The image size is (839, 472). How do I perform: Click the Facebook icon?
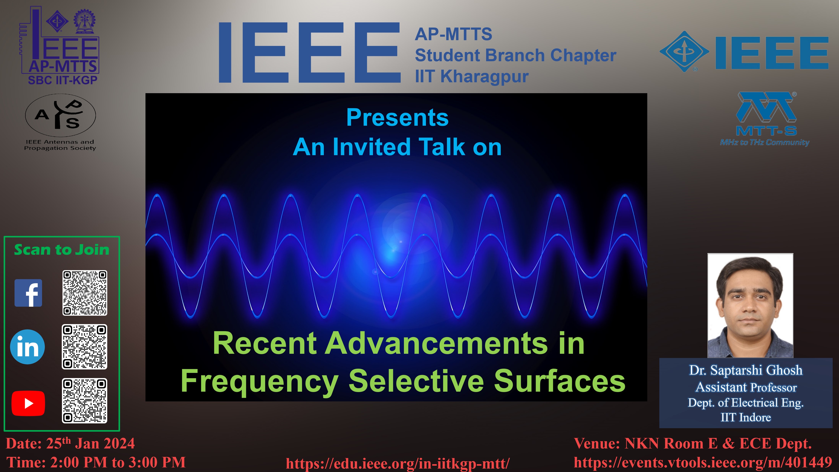28,293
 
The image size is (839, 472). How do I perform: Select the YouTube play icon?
28,403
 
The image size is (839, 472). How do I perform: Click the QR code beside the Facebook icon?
85,293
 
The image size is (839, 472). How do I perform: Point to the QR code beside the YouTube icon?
85,401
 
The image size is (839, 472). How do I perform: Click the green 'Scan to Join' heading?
62,250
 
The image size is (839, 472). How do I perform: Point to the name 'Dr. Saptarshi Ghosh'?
746,370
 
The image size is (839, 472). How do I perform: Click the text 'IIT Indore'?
746,417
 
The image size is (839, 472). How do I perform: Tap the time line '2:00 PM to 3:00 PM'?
118,462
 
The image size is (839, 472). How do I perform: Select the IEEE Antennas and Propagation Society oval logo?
61,115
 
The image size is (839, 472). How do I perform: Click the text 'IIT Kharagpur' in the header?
472,77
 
